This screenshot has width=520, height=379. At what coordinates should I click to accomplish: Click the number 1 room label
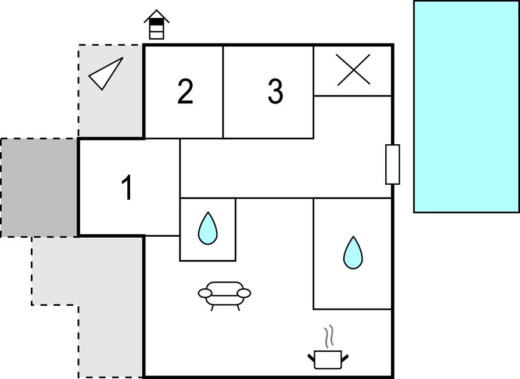(127, 188)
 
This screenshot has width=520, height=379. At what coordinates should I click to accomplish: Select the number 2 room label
(185, 92)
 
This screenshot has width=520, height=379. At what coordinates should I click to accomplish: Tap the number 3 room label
(275, 91)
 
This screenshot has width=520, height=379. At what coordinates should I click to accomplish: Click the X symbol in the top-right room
(353, 70)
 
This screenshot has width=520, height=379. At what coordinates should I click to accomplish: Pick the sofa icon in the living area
(224, 294)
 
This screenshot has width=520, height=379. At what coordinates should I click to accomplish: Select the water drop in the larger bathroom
(352, 252)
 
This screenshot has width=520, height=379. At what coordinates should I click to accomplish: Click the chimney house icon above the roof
(156, 25)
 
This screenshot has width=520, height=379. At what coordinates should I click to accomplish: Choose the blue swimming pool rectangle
(466, 106)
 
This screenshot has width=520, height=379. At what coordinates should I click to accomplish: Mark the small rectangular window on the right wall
(393, 165)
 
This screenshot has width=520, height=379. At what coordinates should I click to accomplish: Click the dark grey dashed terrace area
(39, 187)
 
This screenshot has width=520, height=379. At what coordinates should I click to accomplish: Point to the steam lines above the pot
(329, 335)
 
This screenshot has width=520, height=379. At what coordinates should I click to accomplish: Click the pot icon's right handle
(345, 355)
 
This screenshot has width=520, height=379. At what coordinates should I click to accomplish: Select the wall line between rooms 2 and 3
(224, 92)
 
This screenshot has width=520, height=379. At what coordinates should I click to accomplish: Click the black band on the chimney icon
(156, 22)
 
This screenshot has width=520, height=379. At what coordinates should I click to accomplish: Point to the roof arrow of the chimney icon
(156, 14)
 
